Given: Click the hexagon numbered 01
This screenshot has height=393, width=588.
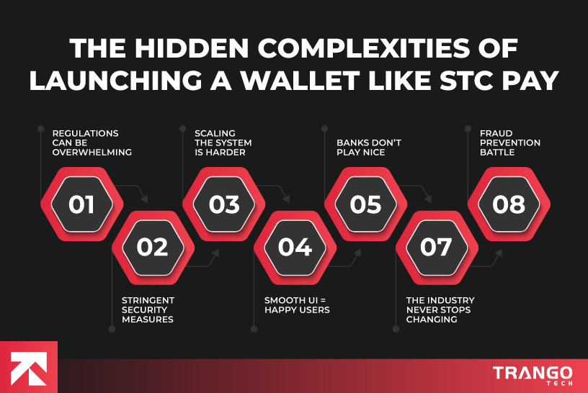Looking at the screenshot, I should pyautogui.click(x=81, y=204).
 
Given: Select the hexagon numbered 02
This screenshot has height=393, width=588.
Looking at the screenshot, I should pyautogui.click(x=152, y=247).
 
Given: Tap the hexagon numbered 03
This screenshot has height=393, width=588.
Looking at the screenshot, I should pyautogui.click(x=223, y=204).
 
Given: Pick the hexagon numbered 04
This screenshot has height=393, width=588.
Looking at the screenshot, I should pyautogui.click(x=294, y=247).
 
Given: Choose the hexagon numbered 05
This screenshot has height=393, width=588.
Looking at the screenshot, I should pyautogui.click(x=365, y=204).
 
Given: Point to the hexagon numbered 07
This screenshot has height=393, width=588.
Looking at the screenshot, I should pyautogui.click(x=436, y=247).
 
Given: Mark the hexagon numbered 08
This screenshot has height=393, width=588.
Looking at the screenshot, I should pyautogui.click(x=508, y=204).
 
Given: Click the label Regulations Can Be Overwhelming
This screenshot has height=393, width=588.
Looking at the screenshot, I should pyautogui.click(x=85, y=143).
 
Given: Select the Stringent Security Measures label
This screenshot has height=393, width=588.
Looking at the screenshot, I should pyautogui.click(x=148, y=310).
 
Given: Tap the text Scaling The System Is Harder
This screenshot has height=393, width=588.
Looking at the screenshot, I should pyautogui.click(x=225, y=143).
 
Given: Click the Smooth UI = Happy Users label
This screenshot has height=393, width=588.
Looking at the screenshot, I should pyautogui.click(x=296, y=304).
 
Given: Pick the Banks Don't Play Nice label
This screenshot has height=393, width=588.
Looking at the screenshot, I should pyautogui.click(x=368, y=148).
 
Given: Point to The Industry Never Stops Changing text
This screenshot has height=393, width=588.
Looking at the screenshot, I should pyautogui.click(x=440, y=310).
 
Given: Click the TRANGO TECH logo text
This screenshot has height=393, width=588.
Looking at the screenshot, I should pyautogui.click(x=533, y=375).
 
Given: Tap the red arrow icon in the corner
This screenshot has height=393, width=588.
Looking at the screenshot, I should pyautogui.click(x=29, y=367).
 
